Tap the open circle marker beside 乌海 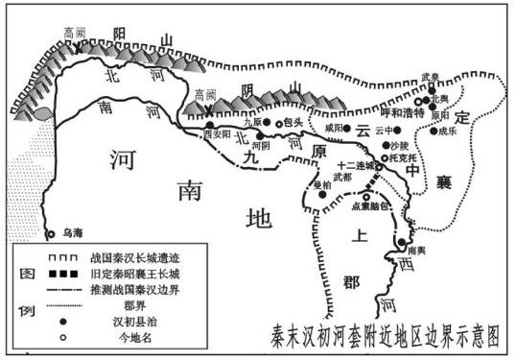click(x=51, y=233)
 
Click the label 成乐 click(x=451, y=133)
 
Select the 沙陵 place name click(x=399, y=143)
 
